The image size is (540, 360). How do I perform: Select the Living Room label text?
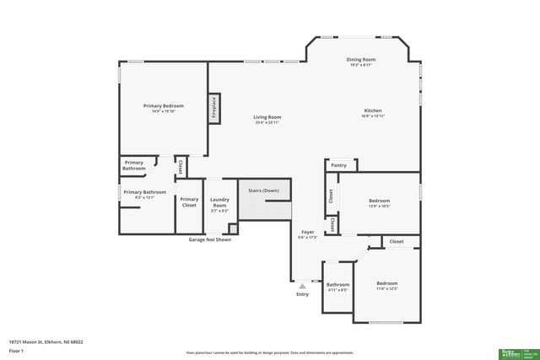click(x=267, y=119)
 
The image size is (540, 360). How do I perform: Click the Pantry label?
click(x=339, y=165)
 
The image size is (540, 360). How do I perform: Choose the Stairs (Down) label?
click(x=263, y=191)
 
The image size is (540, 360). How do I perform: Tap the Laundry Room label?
click(x=219, y=202)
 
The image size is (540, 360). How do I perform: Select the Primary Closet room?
click(x=189, y=201)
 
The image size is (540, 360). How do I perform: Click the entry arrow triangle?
click(x=302, y=286)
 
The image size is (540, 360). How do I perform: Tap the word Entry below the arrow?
click(x=302, y=294)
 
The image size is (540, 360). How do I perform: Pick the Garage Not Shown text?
click(x=209, y=239)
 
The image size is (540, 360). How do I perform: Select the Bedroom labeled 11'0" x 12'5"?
click(x=386, y=285)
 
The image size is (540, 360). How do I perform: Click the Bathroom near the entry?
click(x=337, y=287)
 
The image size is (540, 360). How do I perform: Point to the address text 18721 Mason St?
click(x=46, y=342)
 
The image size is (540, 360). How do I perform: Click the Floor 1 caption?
click(x=16, y=350)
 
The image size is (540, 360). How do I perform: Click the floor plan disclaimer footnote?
click(x=269, y=353)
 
